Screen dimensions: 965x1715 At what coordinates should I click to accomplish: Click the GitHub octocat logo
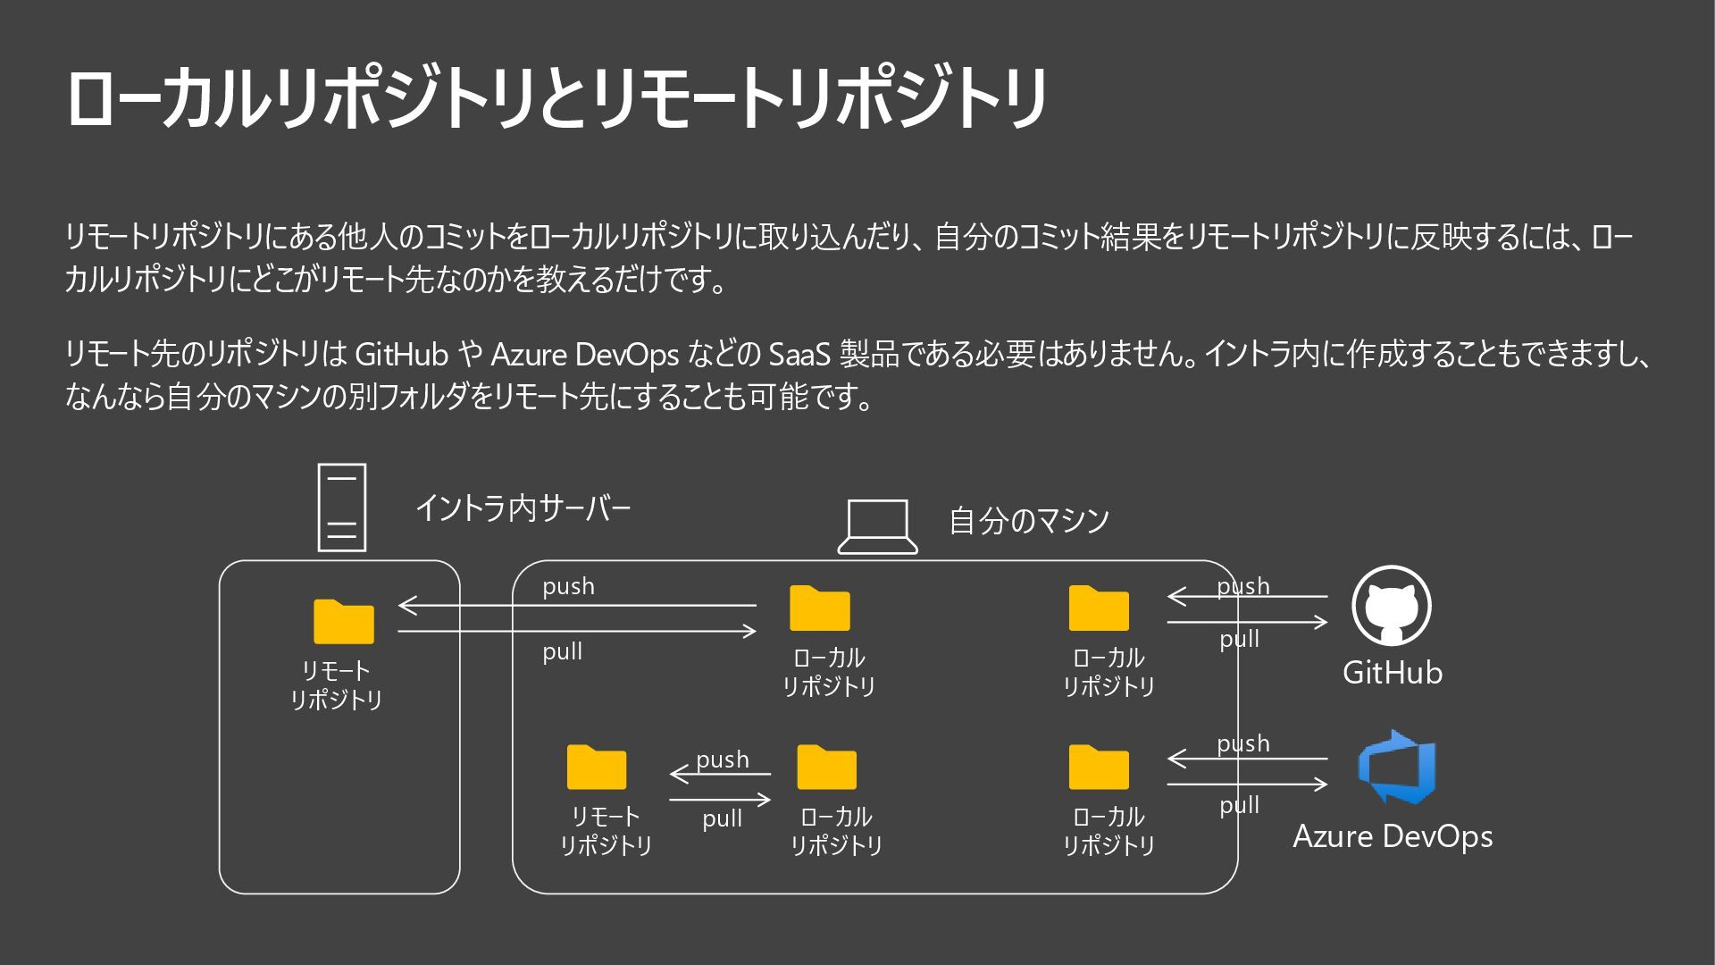click(x=1392, y=606)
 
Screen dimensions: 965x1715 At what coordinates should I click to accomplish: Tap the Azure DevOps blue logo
click(x=1395, y=767)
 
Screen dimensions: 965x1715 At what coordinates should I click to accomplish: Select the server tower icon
click(x=342, y=507)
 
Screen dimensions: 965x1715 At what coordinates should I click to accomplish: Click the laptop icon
click(x=877, y=526)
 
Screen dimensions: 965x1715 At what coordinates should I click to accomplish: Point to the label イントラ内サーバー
click(x=523, y=508)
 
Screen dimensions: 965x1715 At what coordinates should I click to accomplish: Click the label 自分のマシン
click(x=1029, y=520)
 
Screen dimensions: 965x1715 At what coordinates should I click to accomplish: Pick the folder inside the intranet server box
click(x=343, y=621)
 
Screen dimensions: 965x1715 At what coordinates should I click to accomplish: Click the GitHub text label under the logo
click(x=1392, y=672)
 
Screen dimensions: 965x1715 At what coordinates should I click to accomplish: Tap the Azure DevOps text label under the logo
click(x=1393, y=836)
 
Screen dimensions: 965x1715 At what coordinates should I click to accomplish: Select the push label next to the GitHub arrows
click(x=1242, y=586)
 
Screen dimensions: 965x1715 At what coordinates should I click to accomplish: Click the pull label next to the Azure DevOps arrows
click(x=1240, y=805)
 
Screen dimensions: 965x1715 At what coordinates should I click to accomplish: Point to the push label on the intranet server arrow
click(x=568, y=586)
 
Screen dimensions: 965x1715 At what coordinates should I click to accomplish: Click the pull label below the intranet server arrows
click(x=563, y=651)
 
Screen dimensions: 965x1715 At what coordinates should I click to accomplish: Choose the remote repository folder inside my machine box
click(x=597, y=767)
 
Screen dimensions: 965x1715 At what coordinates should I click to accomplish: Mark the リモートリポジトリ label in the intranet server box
click(x=336, y=685)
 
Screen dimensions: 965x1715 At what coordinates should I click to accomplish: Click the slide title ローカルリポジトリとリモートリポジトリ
click(x=556, y=98)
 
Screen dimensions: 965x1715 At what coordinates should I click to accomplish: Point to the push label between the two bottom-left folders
click(x=722, y=759)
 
